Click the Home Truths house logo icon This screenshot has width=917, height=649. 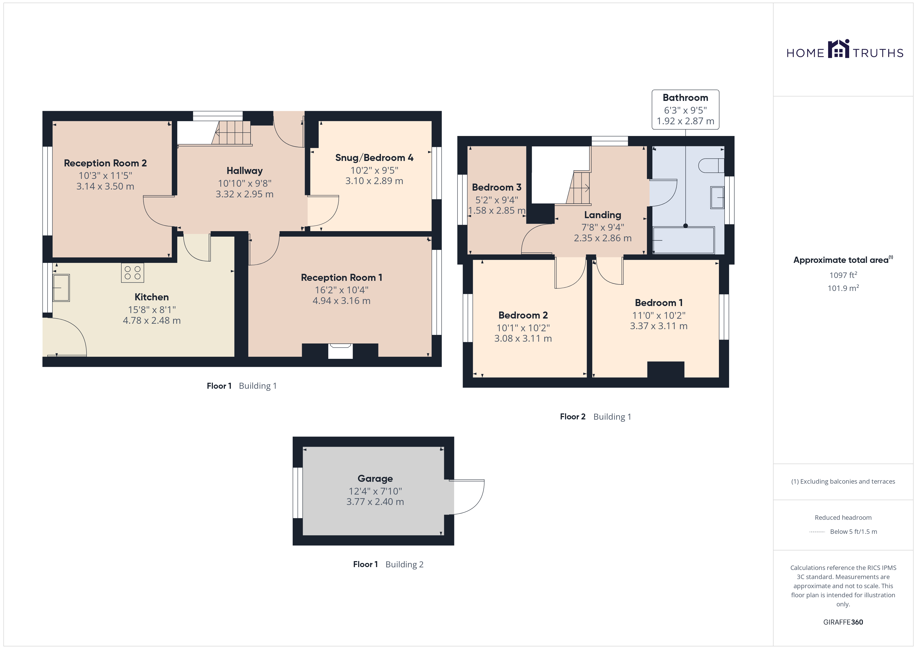[x=838, y=49]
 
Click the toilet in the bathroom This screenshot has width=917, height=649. [x=711, y=165]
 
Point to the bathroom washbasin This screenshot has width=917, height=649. [x=717, y=197]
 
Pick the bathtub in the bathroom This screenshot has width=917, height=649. [x=683, y=240]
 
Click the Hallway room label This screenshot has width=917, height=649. [x=244, y=171]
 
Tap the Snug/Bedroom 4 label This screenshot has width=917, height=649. [x=374, y=158]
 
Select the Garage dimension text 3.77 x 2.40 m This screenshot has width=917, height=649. [x=375, y=502]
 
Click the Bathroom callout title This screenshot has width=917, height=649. [x=685, y=98]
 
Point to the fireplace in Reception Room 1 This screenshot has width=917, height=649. [x=340, y=351]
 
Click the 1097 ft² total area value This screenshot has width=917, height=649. [x=843, y=275]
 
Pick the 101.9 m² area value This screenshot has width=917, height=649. [x=843, y=288]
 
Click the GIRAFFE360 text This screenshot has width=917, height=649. [x=843, y=622]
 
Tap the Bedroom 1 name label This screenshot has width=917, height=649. [x=659, y=303]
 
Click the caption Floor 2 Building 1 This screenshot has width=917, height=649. [x=595, y=417]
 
